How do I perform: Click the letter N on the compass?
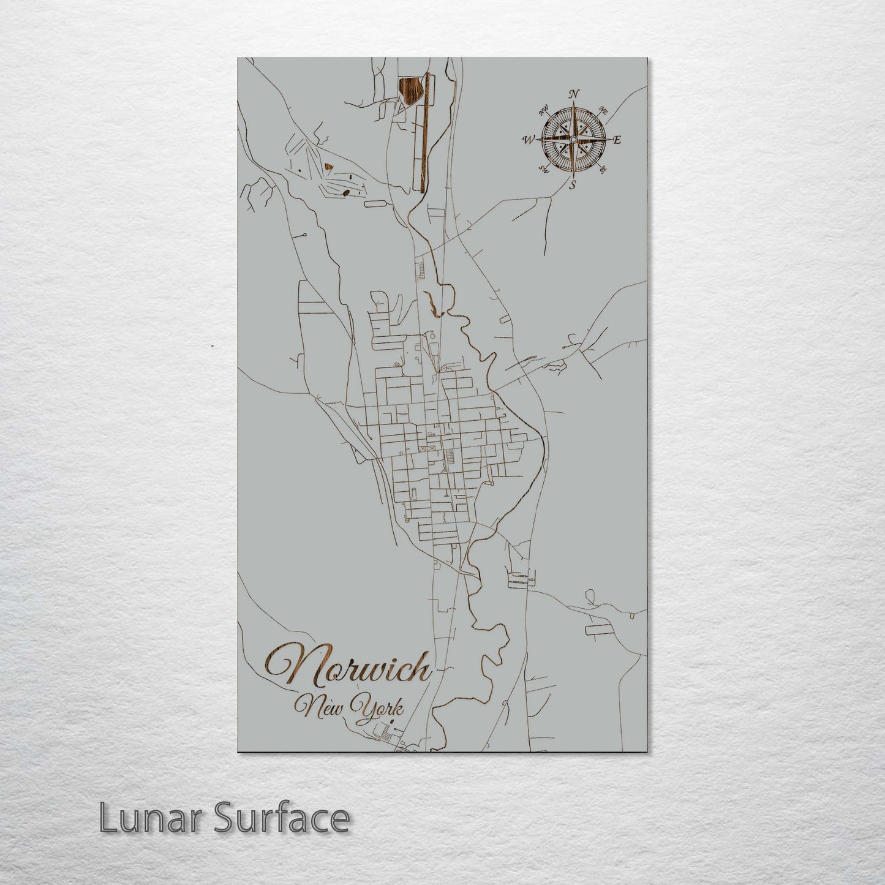[x=574, y=94]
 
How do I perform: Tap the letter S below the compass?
[x=573, y=184]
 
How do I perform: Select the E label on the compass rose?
[x=617, y=140]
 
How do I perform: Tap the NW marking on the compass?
[x=543, y=111]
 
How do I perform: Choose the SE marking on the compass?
[x=603, y=169]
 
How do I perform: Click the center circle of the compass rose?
[x=573, y=140]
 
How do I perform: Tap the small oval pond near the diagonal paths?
[x=346, y=192]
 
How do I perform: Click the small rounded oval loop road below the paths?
[x=374, y=205]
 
